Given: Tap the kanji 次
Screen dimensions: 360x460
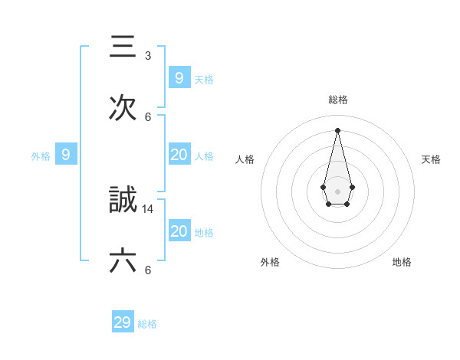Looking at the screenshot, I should (123, 108).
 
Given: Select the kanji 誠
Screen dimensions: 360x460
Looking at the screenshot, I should (123, 200).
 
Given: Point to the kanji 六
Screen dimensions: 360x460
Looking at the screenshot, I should (123, 261).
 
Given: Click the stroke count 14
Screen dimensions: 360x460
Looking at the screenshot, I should (149, 208).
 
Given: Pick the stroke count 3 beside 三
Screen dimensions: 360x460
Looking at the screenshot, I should (148, 55).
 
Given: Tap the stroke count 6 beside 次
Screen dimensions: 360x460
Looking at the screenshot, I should (148, 116).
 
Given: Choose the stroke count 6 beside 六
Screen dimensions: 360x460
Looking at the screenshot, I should (148, 270).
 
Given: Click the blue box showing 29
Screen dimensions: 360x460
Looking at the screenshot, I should (123, 322).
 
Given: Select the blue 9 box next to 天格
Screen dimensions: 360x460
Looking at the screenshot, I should (179, 78).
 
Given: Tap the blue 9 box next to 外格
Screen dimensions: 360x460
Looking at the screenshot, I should (66, 155).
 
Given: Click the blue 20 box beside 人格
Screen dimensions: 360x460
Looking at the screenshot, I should (179, 155).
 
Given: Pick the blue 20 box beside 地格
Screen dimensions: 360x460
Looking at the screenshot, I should (179, 231).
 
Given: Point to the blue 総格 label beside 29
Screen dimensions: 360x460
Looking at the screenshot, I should (147, 324).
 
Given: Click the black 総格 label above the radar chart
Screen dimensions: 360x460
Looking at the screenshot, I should (338, 100).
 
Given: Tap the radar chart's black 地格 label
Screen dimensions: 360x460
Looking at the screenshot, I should (402, 262).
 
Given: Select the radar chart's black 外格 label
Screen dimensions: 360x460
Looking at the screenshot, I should (270, 262).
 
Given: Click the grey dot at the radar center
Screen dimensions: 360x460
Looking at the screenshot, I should (337, 191).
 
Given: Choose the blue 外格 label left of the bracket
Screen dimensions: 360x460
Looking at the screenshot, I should (41, 156).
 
